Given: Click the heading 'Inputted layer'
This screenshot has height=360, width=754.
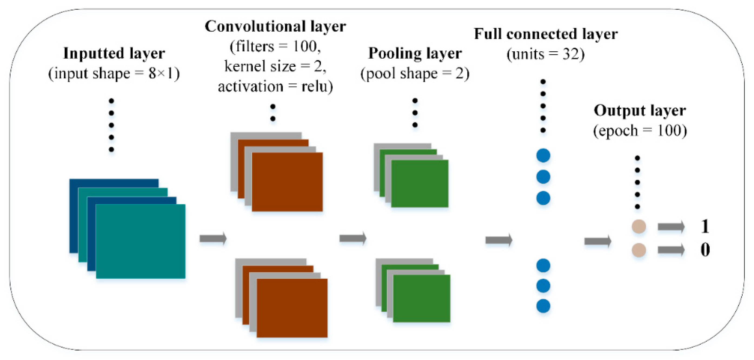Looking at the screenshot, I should (114, 54).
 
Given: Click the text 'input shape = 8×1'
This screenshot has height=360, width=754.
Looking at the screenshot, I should (114, 74).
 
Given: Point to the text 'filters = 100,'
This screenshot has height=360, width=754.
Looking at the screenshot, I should (275, 46).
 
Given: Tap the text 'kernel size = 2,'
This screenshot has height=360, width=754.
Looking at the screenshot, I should (275, 66).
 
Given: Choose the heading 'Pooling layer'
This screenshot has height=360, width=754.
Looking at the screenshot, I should (415, 54).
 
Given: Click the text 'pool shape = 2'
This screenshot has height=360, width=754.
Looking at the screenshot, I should (415, 74).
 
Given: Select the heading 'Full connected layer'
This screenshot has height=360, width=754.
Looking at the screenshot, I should (546, 34).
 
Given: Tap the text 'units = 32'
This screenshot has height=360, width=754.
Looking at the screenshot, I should (546, 54).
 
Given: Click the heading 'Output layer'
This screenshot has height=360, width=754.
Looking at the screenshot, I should (640, 111).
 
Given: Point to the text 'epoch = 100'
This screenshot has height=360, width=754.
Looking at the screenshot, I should (640, 131).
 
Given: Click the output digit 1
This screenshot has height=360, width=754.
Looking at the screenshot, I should (705, 226).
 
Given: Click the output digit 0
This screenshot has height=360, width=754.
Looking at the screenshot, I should (705, 250).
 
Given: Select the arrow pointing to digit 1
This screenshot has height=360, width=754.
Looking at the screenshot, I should (671, 227).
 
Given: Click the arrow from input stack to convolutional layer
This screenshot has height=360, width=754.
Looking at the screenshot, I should (213, 239).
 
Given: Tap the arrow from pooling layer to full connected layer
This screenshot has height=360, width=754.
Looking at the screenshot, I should (499, 240).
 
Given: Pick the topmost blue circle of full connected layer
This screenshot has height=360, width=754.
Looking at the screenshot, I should (543, 155).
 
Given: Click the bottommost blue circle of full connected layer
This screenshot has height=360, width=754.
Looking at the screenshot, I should (543, 306).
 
